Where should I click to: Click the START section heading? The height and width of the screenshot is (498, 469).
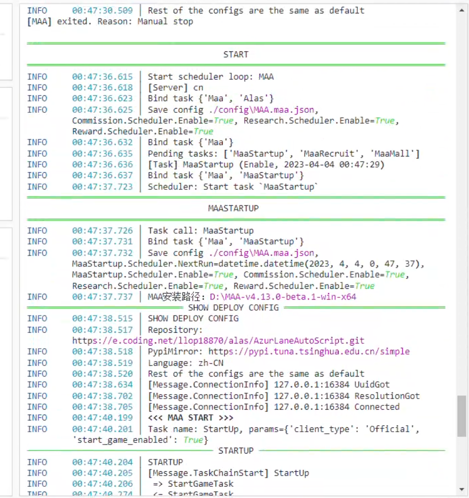coord(236,55)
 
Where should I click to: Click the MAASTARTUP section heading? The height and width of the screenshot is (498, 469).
coord(233,208)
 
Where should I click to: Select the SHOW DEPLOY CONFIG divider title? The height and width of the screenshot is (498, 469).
coord(233,308)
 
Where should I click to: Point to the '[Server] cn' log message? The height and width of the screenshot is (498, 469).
coord(175,88)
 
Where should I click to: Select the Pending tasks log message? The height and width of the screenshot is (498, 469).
coord(283,154)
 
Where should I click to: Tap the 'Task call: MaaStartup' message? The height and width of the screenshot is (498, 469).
coord(193,231)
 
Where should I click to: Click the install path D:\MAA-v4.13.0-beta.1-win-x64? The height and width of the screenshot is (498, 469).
coord(283,296)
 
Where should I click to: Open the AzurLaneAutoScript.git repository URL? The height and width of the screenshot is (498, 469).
coord(218,341)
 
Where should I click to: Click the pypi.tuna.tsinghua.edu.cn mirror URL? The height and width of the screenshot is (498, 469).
coord(309,351)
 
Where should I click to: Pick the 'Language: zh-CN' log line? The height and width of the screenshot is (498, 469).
coord(185,363)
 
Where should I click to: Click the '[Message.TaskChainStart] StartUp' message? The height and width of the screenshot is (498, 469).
coord(228,473)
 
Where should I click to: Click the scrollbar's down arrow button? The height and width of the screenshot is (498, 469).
coord(462,489)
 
